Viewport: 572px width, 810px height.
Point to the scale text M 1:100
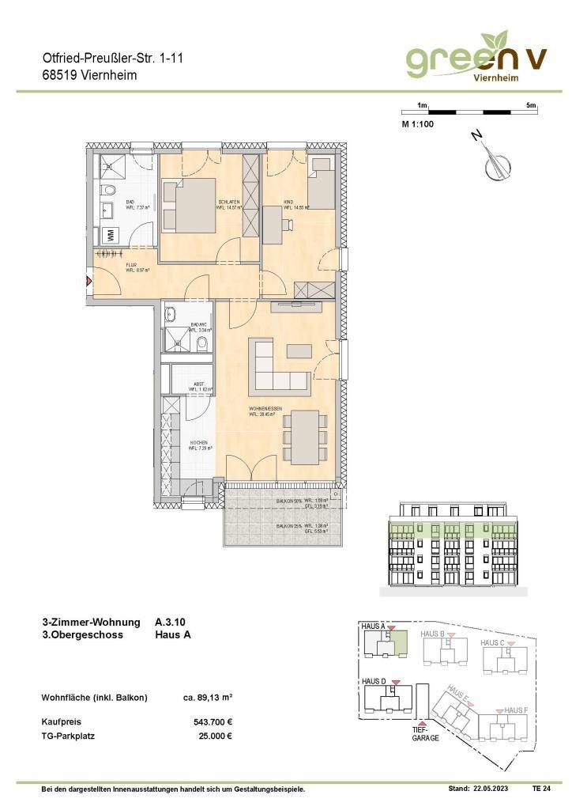[418, 124]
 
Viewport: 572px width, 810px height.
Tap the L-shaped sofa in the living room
[279, 366]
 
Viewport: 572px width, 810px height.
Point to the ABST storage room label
[198, 387]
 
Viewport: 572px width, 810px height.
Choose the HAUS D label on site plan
[374, 681]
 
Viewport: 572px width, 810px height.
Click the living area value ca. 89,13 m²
[207, 697]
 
